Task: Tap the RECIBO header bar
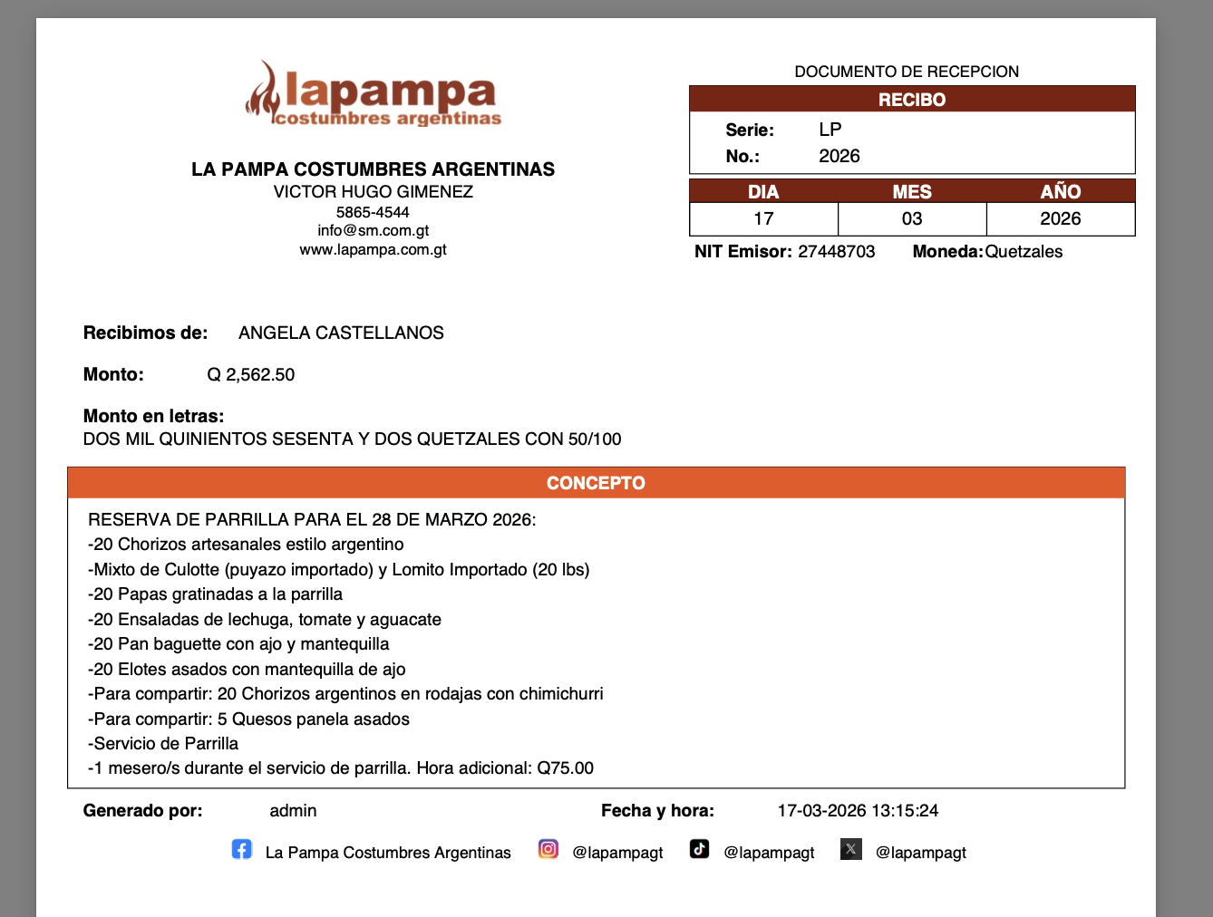click(x=912, y=100)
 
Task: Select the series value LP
click(x=830, y=130)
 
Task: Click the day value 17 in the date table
click(x=763, y=218)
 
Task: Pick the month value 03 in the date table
click(x=912, y=218)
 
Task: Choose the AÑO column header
click(x=1061, y=191)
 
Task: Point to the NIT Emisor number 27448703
click(x=837, y=252)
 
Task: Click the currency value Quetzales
click(x=1024, y=252)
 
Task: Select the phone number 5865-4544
click(x=373, y=212)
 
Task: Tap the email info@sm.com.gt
click(x=373, y=230)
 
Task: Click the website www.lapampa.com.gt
click(x=373, y=249)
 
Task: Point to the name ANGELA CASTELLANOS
click(x=341, y=333)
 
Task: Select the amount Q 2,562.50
click(x=251, y=374)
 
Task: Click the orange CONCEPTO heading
click(x=596, y=483)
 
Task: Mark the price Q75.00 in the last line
click(x=566, y=768)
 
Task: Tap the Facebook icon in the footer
click(x=241, y=849)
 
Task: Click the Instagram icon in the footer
click(x=548, y=849)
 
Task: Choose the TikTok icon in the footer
click(x=699, y=849)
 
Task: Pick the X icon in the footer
click(x=850, y=849)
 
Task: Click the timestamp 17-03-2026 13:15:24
click(x=858, y=811)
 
